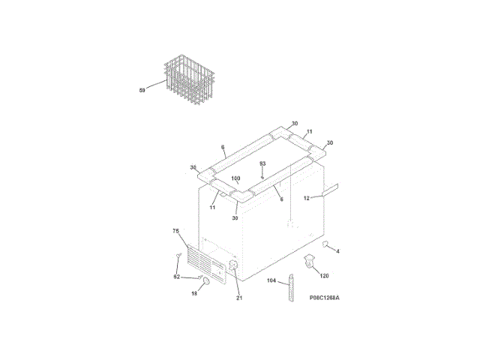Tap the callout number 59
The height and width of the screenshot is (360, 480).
142,91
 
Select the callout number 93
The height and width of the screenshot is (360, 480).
262,163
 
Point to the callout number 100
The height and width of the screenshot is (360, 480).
235,179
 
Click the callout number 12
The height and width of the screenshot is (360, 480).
307,199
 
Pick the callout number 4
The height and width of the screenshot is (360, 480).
337,251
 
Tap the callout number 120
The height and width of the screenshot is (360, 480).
325,275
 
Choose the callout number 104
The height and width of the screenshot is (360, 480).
271,281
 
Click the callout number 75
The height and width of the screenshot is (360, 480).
175,232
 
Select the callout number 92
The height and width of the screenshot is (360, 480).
177,277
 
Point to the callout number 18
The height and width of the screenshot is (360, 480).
193,294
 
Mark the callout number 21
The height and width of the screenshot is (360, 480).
239,298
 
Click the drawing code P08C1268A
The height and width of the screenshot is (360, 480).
324,298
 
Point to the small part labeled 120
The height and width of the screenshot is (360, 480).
310,262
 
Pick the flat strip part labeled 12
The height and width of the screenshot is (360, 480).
331,187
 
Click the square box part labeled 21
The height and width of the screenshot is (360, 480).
233,267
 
